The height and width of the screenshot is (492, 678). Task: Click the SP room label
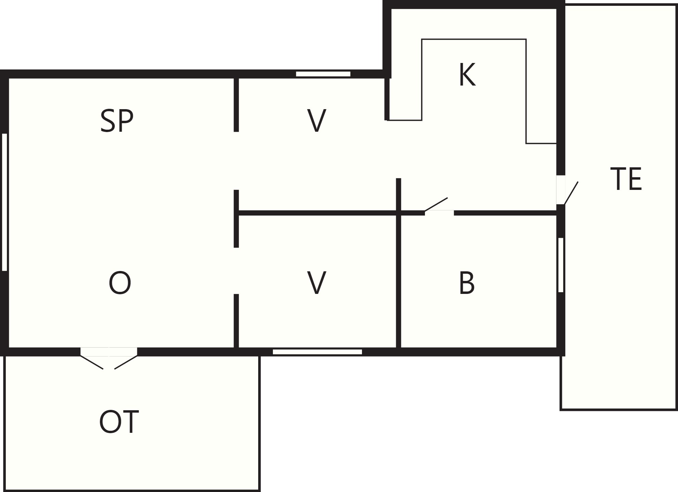coord(117,120)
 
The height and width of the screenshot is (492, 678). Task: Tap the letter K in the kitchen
coord(467,75)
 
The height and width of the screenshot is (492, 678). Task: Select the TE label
coord(626,179)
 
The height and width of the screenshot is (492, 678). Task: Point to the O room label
coord(120,283)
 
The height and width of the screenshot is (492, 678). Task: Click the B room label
coord(467,283)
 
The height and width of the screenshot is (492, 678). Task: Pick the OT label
coord(119,422)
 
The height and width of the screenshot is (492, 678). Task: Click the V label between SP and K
coord(317,120)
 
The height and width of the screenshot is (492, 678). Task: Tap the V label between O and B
coord(317,283)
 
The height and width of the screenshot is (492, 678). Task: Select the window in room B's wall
coord(561,265)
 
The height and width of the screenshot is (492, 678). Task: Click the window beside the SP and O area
coord(4,202)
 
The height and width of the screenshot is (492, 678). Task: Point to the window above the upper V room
coord(323,74)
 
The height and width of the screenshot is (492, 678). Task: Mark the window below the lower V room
coord(317,352)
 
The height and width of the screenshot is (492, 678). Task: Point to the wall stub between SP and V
coord(236,104)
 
